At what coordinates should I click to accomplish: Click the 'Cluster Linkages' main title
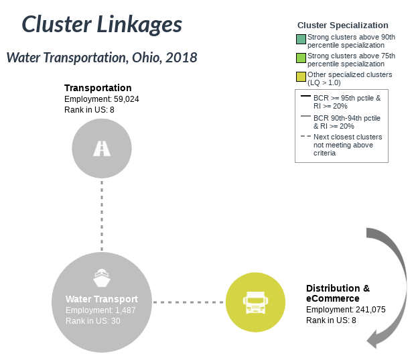pos(102,24)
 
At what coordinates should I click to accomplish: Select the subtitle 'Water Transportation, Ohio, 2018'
pos(102,58)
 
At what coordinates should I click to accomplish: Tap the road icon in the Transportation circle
pos(102,148)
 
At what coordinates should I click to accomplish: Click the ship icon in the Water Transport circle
pos(102,278)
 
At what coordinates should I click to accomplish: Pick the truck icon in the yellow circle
pos(255,302)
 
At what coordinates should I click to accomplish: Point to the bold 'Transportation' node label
pos(98,88)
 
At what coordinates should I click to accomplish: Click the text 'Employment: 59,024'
pos(102,99)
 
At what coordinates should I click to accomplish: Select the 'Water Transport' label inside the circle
pos(102,299)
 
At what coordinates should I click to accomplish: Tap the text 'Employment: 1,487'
pos(100,310)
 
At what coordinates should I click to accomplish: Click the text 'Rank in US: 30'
pos(93,321)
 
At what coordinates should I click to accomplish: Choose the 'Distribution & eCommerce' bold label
pos(338,294)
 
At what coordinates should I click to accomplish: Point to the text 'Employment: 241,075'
pos(346,310)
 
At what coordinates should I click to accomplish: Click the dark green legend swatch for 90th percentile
pos(301,40)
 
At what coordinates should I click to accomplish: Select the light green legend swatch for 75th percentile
pos(301,58)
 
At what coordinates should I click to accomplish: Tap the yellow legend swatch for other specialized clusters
pos(301,76)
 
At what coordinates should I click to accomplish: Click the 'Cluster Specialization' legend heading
pos(343,25)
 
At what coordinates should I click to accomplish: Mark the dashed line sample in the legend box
pos(305,136)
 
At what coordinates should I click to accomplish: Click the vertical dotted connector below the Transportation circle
pos(102,216)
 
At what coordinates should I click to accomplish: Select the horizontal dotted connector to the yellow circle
pos(188,302)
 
